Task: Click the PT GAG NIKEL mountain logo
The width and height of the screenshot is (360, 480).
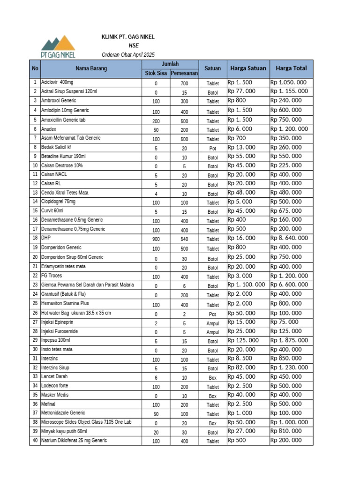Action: click(x=58, y=46)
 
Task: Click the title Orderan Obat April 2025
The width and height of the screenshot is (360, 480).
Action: click(x=128, y=55)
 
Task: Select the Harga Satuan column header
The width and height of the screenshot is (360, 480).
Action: click(x=248, y=68)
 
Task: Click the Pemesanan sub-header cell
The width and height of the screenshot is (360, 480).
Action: click(x=184, y=74)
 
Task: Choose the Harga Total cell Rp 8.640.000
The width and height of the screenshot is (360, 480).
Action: click(x=289, y=238)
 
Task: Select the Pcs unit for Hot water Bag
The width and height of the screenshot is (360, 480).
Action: click(x=212, y=315)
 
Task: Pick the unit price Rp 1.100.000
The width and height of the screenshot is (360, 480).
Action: click(x=247, y=285)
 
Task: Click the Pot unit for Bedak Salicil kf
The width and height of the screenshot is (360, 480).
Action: click(x=212, y=148)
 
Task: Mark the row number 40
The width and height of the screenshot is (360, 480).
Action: click(x=35, y=440)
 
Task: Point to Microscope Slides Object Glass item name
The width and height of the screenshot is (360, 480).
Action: click(x=86, y=422)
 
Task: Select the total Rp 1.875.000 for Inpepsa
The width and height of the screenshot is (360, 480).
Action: click(x=289, y=340)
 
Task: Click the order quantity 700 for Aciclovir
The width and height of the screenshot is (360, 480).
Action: click(x=184, y=83)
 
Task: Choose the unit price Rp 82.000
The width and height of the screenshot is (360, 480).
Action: click(x=241, y=367)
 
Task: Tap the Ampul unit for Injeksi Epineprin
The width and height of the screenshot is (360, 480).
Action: click(x=212, y=323)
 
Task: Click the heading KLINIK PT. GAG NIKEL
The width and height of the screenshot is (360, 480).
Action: click(x=128, y=37)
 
